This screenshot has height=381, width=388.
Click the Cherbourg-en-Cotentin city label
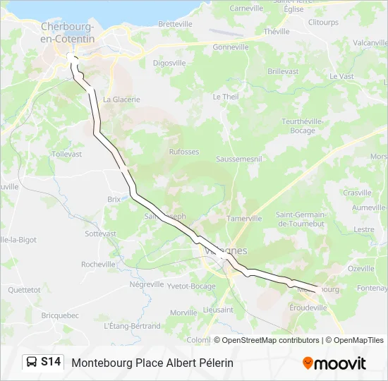tap(68, 32)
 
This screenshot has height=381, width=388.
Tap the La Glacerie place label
tap(121, 99)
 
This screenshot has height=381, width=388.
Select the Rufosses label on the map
tap(184, 152)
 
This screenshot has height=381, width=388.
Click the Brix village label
tap(114, 200)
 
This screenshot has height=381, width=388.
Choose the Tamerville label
tap(244, 219)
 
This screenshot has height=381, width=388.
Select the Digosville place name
tap(169, 63)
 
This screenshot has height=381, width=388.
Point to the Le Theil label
tap(226, 97)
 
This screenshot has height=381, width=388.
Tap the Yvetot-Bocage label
tap(191, 286)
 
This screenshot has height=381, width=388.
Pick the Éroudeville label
tap(308, 308)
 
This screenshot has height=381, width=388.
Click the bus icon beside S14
tap(32, 363)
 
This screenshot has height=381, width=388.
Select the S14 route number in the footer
tap(51, 363)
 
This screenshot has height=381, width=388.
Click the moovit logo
tap(334, 363)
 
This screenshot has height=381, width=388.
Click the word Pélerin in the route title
tap(212, 363)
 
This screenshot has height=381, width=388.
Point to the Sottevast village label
tap(100, 233)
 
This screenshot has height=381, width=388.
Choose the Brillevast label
tap(283, 72)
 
